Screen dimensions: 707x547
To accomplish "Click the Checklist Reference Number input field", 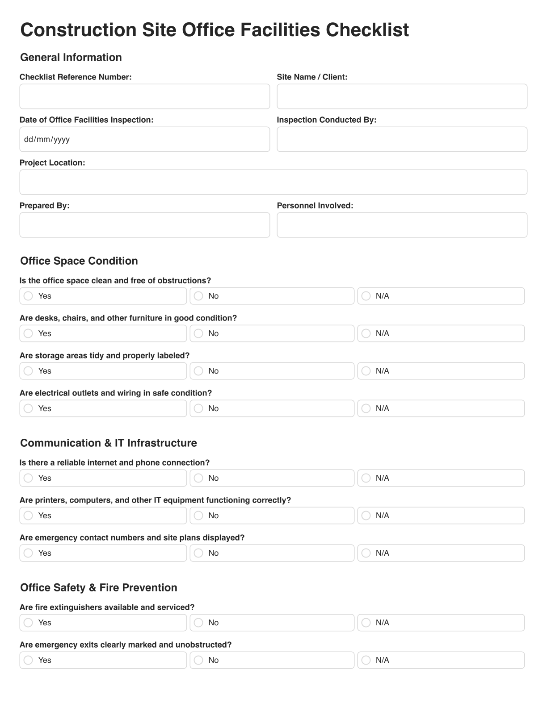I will [144, 96].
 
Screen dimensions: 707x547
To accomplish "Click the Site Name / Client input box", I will [402, 96].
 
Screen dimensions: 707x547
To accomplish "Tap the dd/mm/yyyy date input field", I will [144, 139].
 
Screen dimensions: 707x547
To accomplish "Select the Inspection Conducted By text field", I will [402, 139].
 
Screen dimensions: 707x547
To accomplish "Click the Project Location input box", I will [273, 182].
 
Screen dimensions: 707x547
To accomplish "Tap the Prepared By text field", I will [144, 225].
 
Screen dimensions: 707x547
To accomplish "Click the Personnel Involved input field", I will [402, 225].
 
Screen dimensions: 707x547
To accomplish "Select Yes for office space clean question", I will [29, 296].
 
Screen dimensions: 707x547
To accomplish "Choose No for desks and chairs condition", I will [199, 333].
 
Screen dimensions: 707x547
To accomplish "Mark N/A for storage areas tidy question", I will [366, 371].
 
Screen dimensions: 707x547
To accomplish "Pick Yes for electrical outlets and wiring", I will [29, 408].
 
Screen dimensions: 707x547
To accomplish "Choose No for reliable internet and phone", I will [199, 478].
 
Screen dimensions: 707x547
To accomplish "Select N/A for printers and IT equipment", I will [366, 516].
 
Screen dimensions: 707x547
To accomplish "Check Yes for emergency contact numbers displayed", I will [29, 553].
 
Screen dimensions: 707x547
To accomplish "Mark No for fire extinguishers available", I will [199, 623].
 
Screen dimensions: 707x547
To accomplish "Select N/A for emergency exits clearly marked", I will [366, 660].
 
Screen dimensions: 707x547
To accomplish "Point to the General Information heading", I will [71, 58].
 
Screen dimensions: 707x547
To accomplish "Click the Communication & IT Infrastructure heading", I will [109, 443].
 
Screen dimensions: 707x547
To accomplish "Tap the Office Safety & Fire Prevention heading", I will [99, 588].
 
